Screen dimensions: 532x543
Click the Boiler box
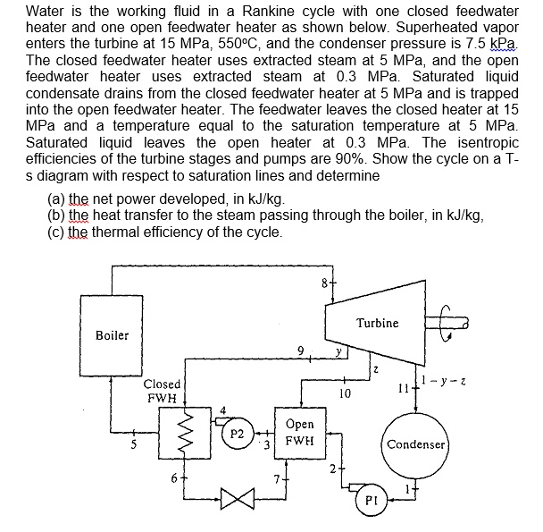[x=112, y=335]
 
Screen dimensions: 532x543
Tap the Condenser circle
[x=415, y=444]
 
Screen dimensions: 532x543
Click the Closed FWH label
[x=163, y=391]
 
